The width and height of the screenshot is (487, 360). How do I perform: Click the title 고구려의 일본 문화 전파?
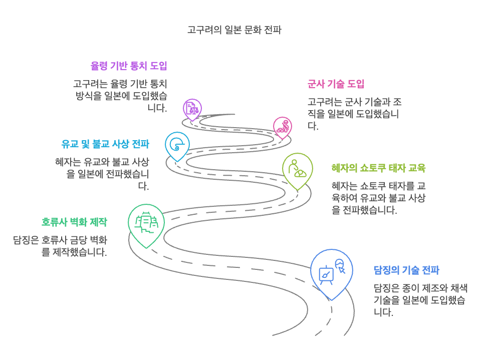[x=234, y=30]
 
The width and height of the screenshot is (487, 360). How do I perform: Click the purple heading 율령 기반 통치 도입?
[x=129, y=66]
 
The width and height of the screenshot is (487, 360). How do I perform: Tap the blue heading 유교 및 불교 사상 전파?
[x=105, y=145]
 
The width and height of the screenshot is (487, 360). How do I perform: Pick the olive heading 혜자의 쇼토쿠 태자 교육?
[x=378, y=168]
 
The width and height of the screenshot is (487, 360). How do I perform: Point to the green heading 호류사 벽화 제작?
[x=74, y=222]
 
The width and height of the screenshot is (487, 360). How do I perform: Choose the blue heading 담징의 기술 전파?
[x=406, y=270]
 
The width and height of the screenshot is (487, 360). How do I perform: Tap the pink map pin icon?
[x=283, y=127]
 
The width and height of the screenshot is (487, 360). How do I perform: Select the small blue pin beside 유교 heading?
[x=177, y=145]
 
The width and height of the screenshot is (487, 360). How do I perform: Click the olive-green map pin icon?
[x=297, y=169]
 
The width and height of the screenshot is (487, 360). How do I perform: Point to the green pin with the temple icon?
[x=146, y=223]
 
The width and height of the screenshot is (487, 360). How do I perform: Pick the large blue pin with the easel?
[x=331, y=272]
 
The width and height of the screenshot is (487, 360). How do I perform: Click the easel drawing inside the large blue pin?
[x=326, y=275]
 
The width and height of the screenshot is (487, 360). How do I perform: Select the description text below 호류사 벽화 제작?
[x=60, y=246]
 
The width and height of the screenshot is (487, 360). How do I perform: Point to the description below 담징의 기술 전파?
[x=420, y=300]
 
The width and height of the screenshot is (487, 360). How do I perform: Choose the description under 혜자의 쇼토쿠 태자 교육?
[x=378, y=198]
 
